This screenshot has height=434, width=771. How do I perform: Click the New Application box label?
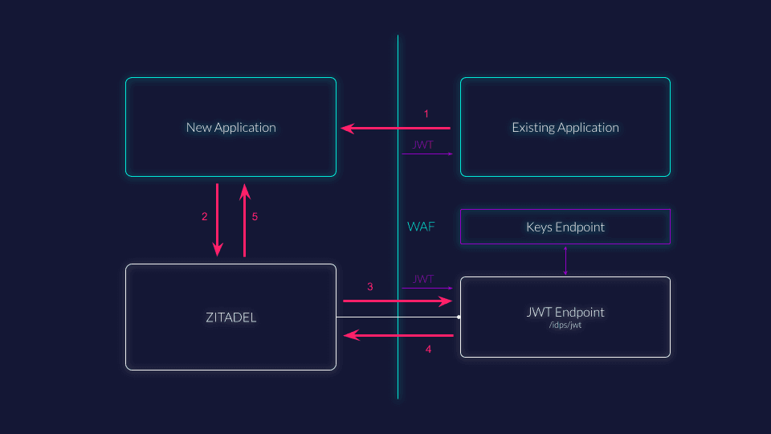point(230,127)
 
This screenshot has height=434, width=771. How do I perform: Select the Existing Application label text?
point(565,127)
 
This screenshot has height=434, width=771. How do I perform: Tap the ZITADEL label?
point(230,317)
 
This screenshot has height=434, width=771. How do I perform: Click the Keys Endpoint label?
point(565,227)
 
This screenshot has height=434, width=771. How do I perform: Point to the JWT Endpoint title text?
point(565,312)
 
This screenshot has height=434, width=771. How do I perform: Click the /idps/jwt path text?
point(565,325)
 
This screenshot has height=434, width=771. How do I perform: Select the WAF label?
point(421,227)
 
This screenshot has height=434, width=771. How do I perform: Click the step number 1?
point(426,114)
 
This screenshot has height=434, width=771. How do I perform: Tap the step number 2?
point(205,217)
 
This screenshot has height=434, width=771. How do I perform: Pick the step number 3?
point(370,287)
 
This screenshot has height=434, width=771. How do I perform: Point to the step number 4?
point(428,350)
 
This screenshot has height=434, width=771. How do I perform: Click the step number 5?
point(255,217)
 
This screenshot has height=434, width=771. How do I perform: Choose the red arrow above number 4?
point(398,335)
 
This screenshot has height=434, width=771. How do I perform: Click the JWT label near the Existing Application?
point(423,145)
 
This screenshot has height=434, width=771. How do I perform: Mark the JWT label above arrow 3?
point(423,279)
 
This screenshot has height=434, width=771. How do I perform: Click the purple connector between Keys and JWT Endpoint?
point(565,260)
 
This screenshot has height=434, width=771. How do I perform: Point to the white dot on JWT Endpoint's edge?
point(459,317)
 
